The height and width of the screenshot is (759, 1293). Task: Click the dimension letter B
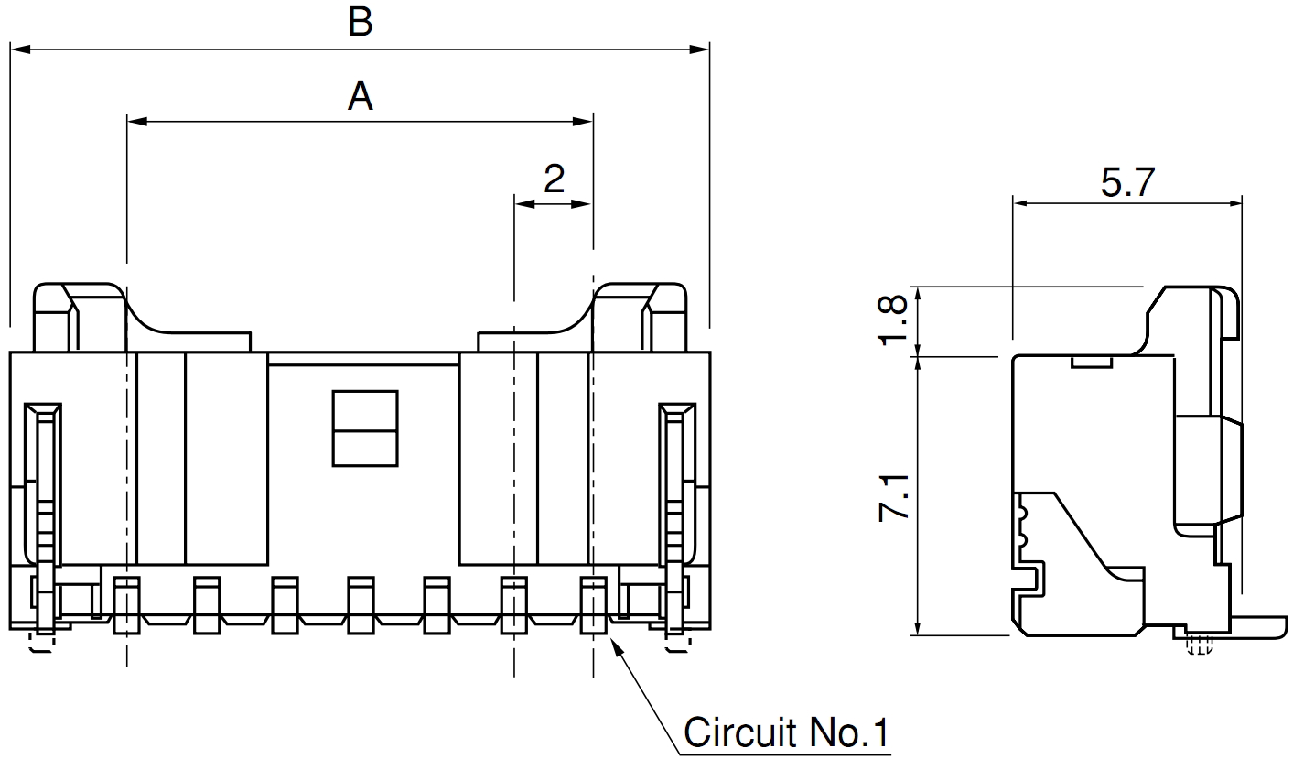tap(361, 23)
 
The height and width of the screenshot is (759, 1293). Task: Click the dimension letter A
tap(361, 95)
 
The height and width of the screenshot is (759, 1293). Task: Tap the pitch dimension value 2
tap(553, 179)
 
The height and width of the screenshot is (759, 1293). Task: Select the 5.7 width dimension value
tap(1127, 184)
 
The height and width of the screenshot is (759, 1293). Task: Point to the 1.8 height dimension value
tap(893, 320)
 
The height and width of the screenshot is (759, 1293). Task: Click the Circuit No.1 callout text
tap(786, 732)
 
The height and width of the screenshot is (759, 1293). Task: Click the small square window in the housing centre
tap(364, 428)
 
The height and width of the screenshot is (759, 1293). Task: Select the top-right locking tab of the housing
tap(641, 316)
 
